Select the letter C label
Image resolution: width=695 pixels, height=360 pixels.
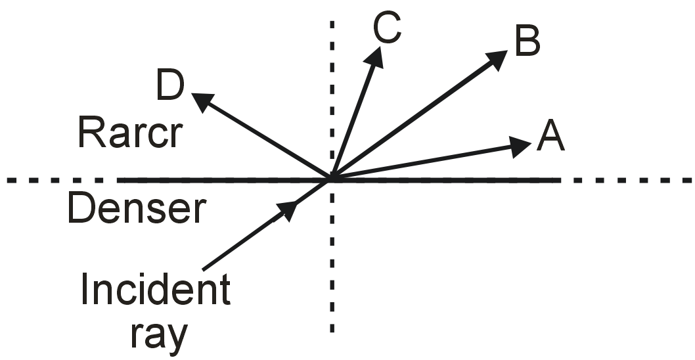(387, 28)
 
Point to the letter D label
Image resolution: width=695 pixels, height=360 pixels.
(170, 88)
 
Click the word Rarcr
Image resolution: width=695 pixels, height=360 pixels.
(129, 134)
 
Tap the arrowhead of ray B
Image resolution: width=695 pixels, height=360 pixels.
(497, 59)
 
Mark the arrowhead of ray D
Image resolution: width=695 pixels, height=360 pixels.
(202, 101)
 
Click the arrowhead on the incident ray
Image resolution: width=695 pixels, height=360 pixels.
(287, 210)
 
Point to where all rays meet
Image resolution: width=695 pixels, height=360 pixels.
(332, 178)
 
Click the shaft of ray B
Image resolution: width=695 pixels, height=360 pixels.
(414, 118)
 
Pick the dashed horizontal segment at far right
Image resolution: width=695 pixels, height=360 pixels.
(631, 179)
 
